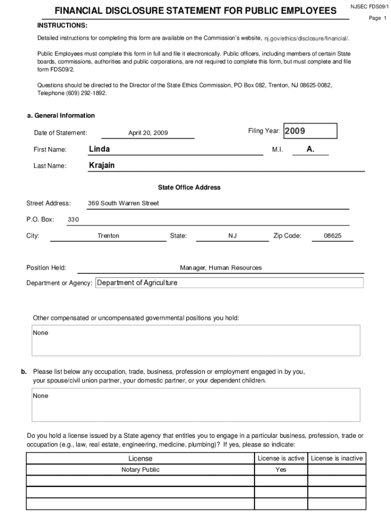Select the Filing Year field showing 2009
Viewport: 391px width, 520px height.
tap(310, 131)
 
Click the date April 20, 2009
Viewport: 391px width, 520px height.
tap(148, 133)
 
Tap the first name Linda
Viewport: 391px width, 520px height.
tap(100, 149)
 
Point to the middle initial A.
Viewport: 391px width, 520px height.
tap(311, 149)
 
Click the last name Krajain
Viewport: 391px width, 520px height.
tap(102, 166)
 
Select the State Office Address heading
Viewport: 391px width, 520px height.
tap(189, 187)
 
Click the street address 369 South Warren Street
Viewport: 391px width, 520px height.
tap(123, 203)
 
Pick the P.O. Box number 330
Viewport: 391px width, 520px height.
tap(73, 219)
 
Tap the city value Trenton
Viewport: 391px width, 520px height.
tap(108, 236)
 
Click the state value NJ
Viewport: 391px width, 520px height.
tap(233, 236)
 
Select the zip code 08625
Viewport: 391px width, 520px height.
tap(333, 236)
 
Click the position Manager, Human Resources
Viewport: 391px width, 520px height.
tap(221, 268)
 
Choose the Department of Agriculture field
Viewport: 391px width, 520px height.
tap(229, 283)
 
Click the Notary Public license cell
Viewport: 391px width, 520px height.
tap(140, 470)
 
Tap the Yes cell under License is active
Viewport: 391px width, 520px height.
tap(281, 470)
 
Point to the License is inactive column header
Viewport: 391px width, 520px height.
tap(337, 458)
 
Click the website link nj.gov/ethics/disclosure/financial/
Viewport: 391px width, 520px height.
tap(307, 39)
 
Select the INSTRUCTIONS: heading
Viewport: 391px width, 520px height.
tap(62, 25)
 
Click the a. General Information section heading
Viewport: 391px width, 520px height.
tap(60, 115)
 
